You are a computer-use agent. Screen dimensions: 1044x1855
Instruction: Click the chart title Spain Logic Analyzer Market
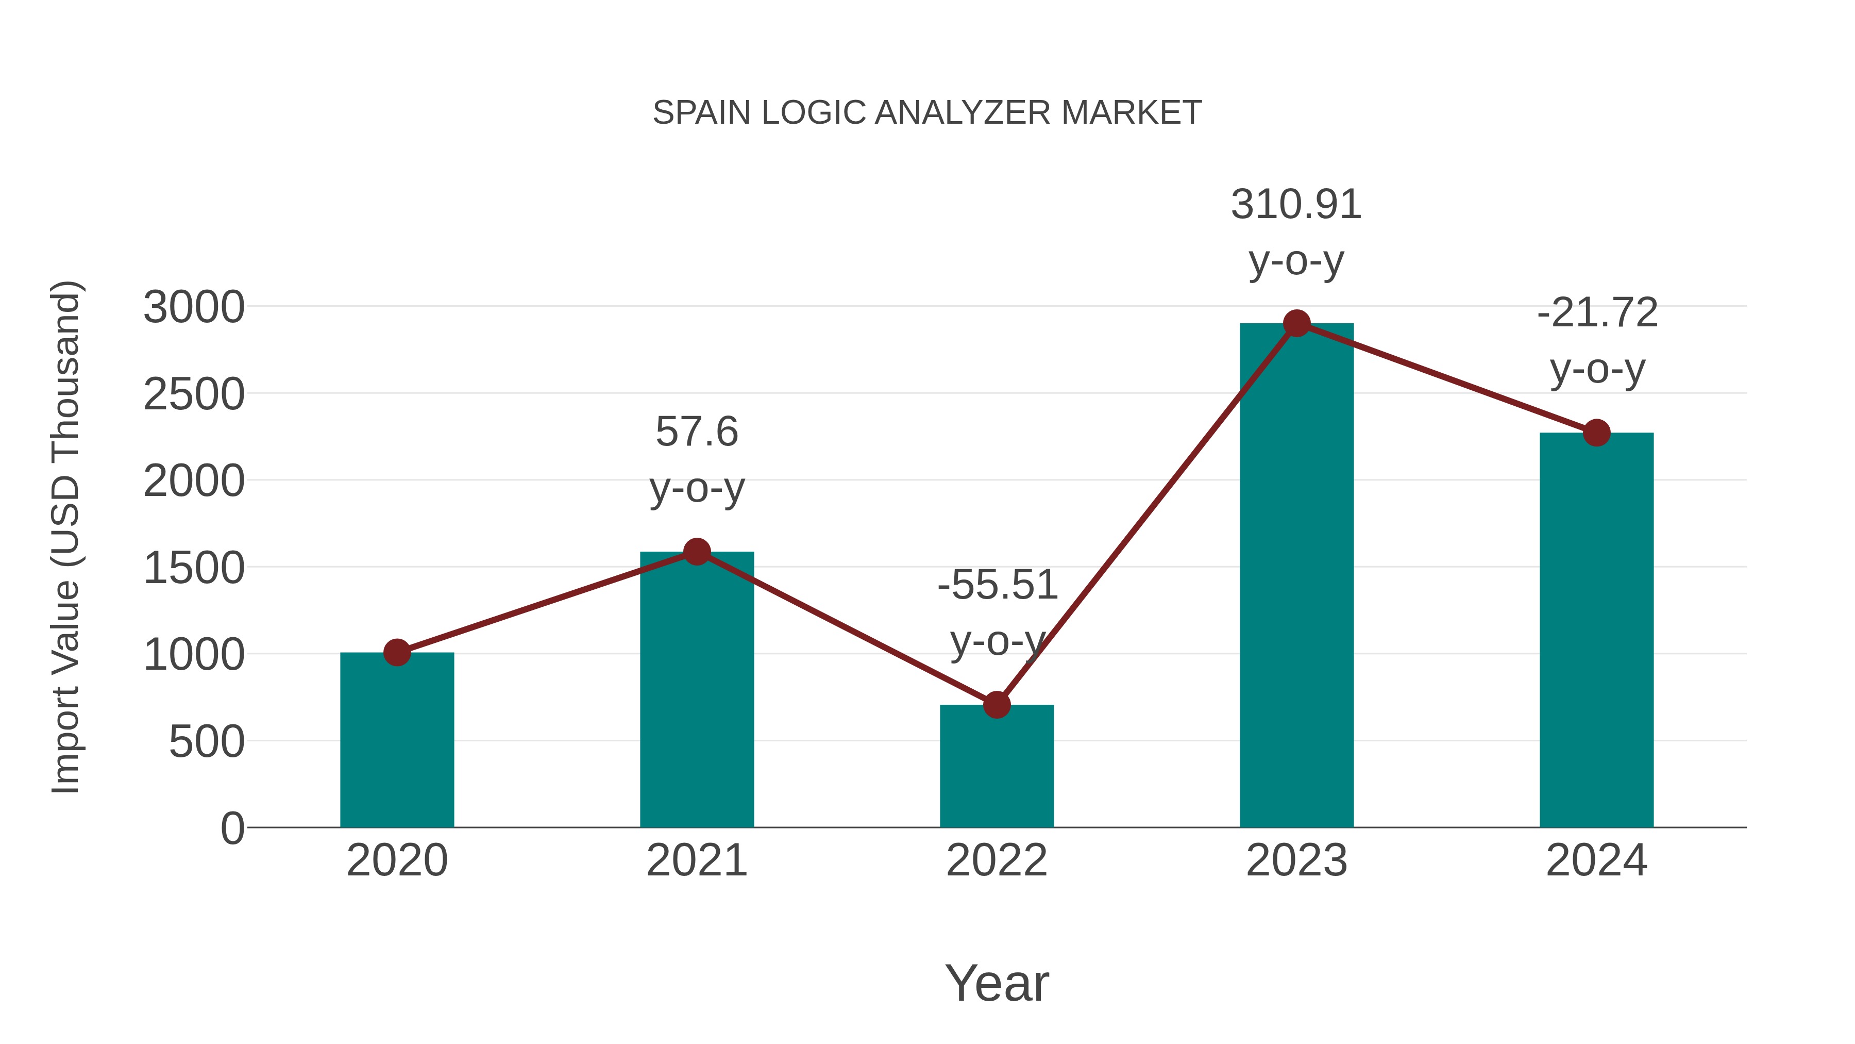[x=927, y=113]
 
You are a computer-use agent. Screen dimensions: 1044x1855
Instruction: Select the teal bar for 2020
[x=397, y=742]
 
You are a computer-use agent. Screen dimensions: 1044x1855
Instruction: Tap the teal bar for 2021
[x=696, y=692]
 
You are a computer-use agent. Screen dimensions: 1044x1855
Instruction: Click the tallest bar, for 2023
[x=1296, y=576]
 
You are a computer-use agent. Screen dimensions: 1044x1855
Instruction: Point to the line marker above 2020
[x=397, y=653]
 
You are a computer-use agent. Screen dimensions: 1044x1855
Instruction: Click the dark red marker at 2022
[x=997, y=705]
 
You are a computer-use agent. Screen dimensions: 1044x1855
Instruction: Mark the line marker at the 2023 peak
[x=1296, y=323]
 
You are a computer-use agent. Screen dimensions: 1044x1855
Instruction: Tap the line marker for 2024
[x=1596, y=433]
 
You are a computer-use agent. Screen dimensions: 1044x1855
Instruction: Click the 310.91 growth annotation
[x=1296, y=205]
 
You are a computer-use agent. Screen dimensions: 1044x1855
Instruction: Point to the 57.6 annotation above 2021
[x=696, y=433]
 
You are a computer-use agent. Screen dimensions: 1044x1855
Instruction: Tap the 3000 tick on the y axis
[x=194, y=308]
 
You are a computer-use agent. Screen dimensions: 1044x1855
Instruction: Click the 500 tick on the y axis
[x=207, y=742]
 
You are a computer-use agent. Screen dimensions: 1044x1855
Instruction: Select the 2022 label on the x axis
[x=997, y=860]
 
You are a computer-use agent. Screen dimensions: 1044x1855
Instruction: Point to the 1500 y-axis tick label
[x=194, y=569]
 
